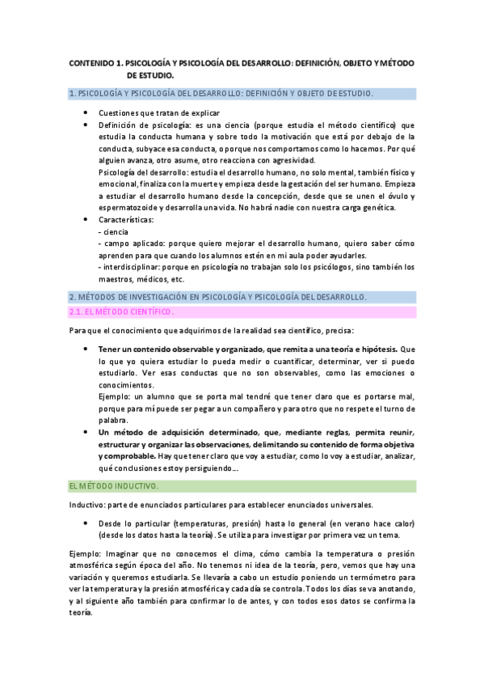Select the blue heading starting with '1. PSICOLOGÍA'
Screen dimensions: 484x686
221,94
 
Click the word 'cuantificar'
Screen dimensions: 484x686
268,361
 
